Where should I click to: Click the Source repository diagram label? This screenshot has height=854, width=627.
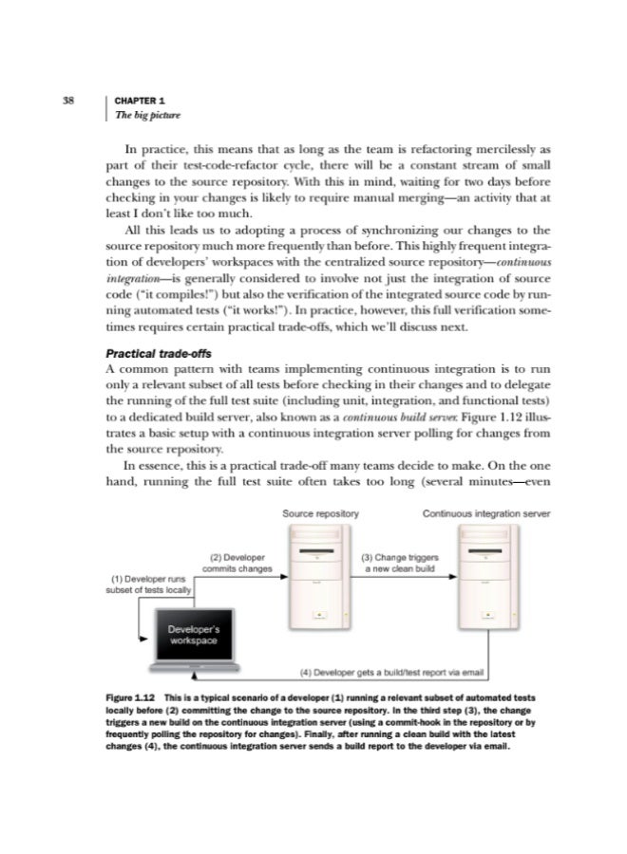320,514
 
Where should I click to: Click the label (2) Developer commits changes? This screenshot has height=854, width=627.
236,562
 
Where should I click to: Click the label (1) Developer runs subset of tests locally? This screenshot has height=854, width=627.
148,583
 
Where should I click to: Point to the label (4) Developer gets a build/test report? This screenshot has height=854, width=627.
392,673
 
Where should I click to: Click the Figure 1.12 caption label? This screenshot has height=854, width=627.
128,699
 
